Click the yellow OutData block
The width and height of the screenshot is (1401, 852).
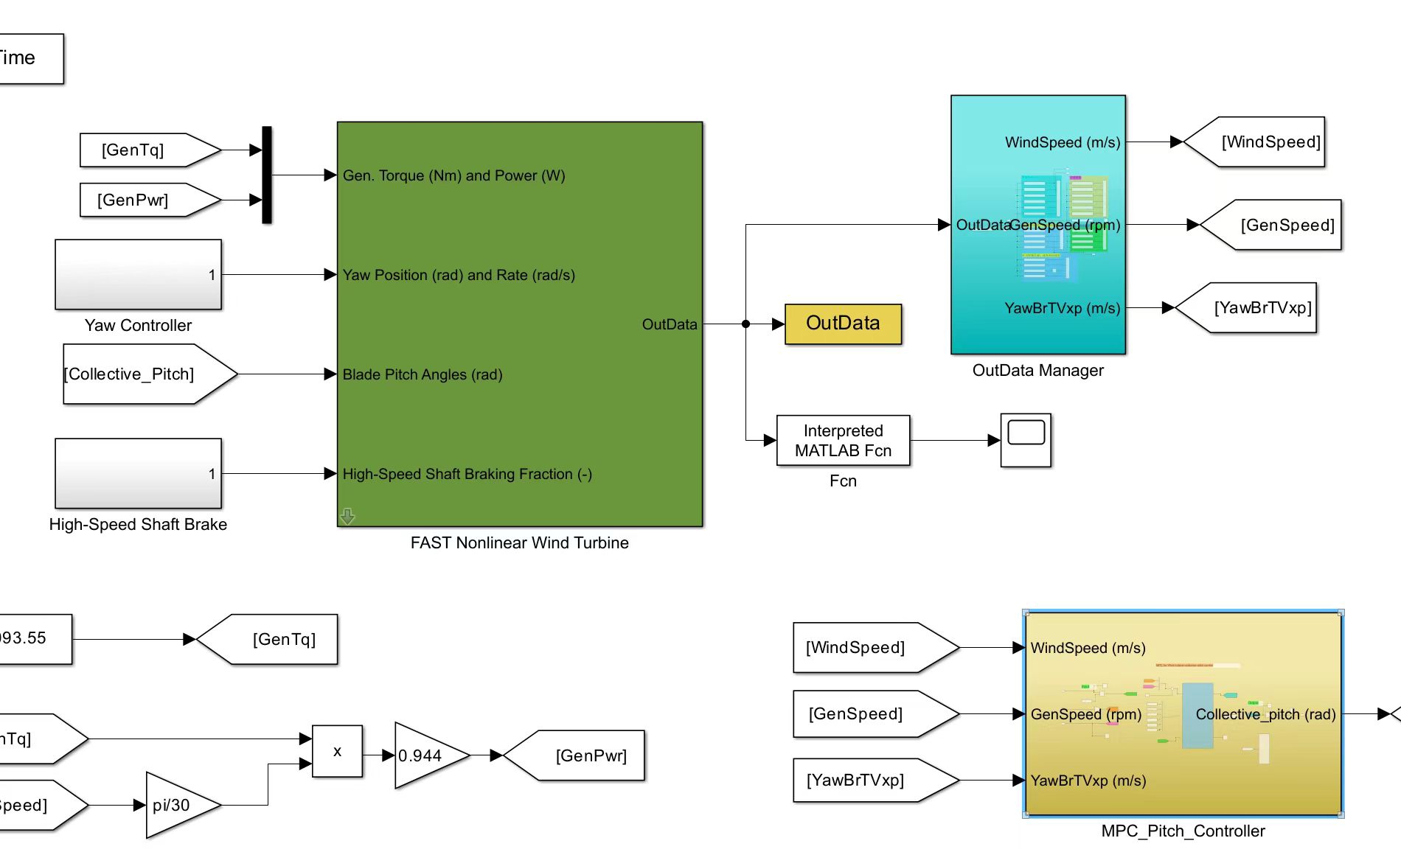click(843, 324)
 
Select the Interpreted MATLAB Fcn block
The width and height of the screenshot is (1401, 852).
click(843, 440)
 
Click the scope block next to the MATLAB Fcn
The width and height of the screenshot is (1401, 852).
click(1025, 440)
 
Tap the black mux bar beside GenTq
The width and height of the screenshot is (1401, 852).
click(267, 175)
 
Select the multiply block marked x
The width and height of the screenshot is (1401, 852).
click(337, 751)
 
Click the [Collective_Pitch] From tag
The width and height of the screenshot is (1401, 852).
click(140, 374)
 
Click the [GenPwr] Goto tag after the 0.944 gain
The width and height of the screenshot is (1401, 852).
click(583, 755)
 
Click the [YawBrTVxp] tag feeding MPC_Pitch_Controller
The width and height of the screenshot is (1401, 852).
click(866, 780)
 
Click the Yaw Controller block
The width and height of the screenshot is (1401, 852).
click(138, 274)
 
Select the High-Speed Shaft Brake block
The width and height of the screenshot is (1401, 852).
click(138, 473)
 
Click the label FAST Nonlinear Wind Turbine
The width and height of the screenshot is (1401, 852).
click(519, 543)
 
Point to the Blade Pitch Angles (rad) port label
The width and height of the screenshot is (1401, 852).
click(423, 374)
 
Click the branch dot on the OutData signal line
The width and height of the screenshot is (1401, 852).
click(745, 324)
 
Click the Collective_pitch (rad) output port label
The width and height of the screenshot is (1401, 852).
click(1265, 714)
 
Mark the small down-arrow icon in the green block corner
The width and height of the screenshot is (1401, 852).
click(347, 516)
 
